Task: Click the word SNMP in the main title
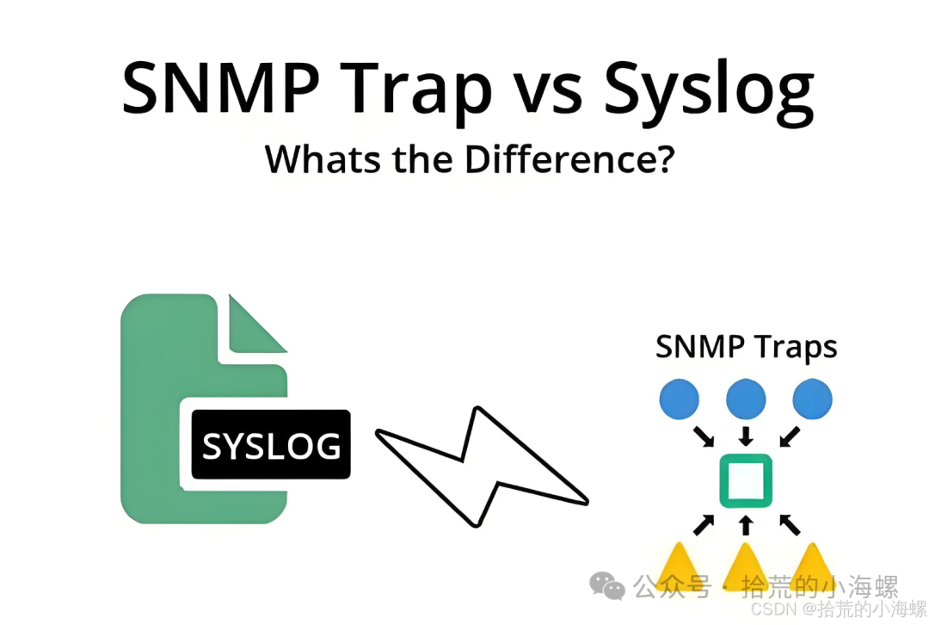[221, 88]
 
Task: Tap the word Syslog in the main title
[709, 92]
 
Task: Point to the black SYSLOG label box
[271, 444]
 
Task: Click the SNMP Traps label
[746, 346]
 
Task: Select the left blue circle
[679, 399]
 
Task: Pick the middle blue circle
[746, 399]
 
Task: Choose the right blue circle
[812, 399]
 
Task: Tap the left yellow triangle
[679, 566]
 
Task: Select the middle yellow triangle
[745, 566]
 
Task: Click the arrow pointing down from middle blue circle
[746, 436]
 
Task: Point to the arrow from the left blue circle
[704, 436]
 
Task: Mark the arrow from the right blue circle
[790, 436]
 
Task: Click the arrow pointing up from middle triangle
[746, 525]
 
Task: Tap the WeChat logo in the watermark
[606, 586]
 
